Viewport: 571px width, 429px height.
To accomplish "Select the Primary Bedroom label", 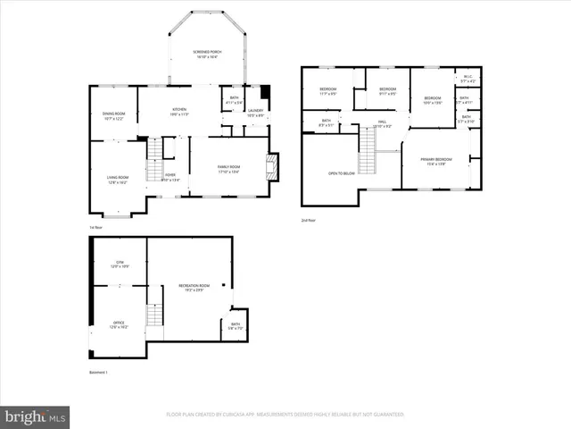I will tap(435, 161).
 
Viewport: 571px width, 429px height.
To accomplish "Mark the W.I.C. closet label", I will tap(468, 78).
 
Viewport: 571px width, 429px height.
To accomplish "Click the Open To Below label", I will tap(342, 172).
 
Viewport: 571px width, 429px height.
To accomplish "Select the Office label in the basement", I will tap(118, 324).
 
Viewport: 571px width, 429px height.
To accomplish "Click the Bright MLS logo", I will tap(36, 416).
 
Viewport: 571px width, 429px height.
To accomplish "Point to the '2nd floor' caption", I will tap(308, 219).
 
